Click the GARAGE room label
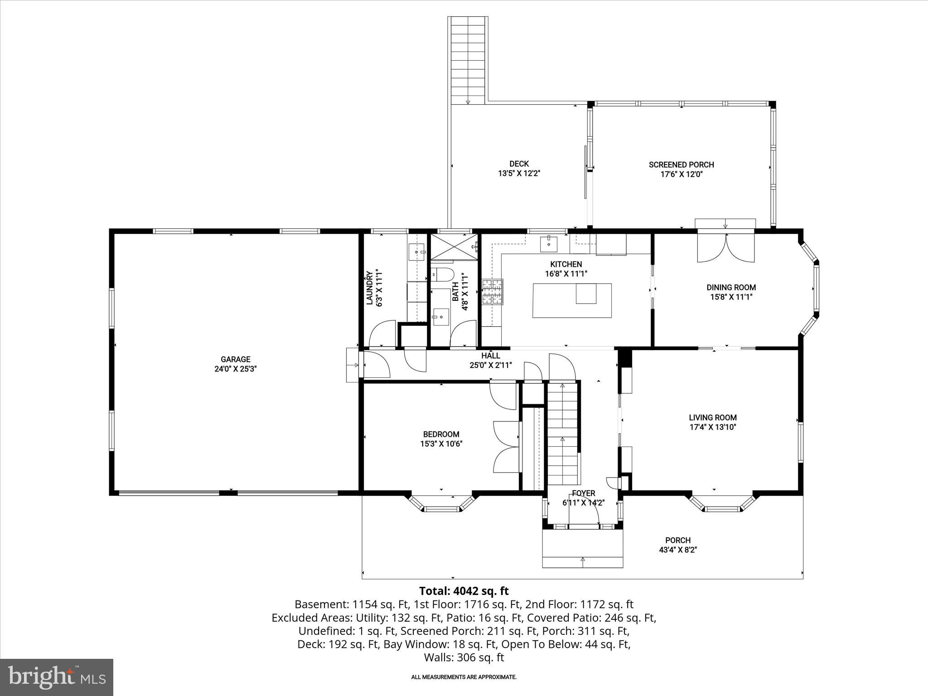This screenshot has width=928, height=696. pyautogui.click(x=235, y=359)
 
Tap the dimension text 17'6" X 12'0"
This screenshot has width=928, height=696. pyautogui.click(x=681, y=174)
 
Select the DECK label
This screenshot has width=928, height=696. pyautogui.click(x=519, y=164)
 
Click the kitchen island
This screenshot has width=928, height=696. pyautogui.click(x=571, y=300)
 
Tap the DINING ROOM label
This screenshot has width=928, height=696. pyautogui.click(x=731, y=287)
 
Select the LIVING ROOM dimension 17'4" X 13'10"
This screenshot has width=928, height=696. pyautogui.click(x=713, y=427)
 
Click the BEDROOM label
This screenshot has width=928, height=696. pyautogui.click(x=441, y=434)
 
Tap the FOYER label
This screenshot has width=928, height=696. pyautogui.click(x=583, y=493)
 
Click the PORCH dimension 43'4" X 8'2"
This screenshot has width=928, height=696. pyautogui.click(x=677, y=550)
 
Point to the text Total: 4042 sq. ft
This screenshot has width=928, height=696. pyautogui.click(x=464, y=591)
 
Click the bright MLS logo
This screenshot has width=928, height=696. pyautogui.click(x=57, y=677)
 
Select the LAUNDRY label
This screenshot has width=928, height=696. pyautogui.click(x=369, y=288)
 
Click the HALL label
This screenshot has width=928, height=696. pyautogui.click(x=490, y=356)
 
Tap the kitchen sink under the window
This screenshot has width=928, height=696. pyautogui.click(x=548, y=244)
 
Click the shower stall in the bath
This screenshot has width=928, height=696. pyautogui.click(x=454, y=247)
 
